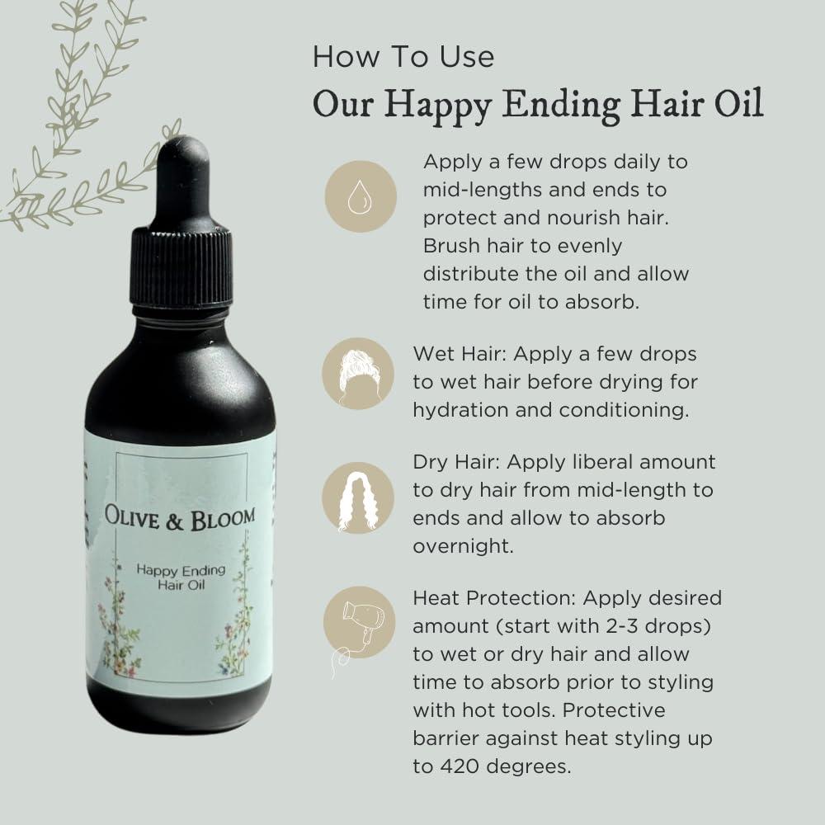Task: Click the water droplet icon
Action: pos(360,196)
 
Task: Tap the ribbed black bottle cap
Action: pos(181,260)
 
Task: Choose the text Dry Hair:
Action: pos(459,463)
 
